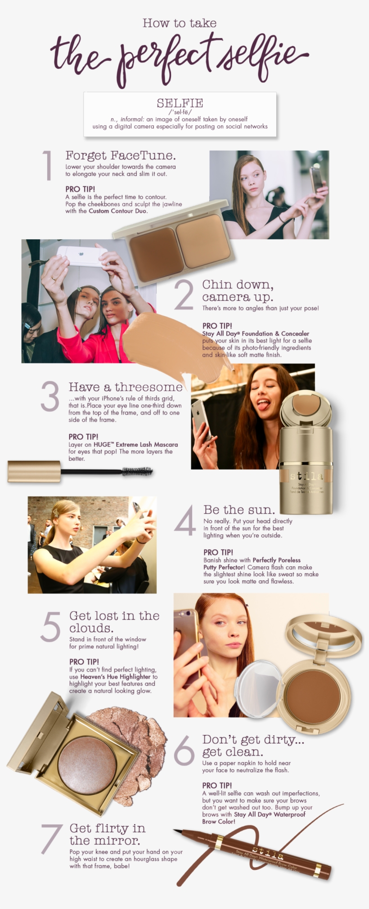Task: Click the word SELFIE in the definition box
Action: pos(180,103)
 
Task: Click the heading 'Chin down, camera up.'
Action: pos(238,291)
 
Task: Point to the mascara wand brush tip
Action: pos(137,472)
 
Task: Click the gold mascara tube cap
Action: pos(34,471)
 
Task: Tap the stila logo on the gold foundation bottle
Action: pos(306,475)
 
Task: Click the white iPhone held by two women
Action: pos(82,256)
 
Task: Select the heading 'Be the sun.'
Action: pos(239,510)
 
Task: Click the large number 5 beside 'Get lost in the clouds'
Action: pos(50,627)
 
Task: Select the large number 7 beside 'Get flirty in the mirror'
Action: pos(51,838)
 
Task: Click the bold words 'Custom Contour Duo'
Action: pos(117,211)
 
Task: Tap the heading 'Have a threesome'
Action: pos(126,387)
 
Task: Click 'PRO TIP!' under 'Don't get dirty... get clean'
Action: pos(217,785)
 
